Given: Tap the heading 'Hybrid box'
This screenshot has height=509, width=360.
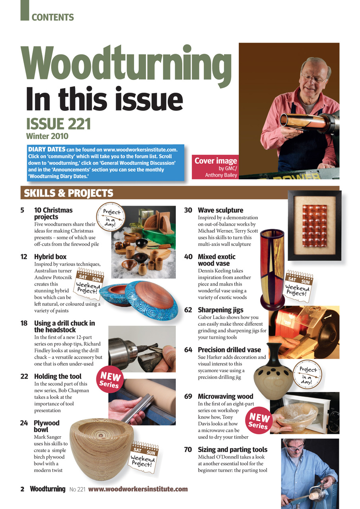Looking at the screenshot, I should [50, 257].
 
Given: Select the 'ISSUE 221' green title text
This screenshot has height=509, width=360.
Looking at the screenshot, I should [58, 124].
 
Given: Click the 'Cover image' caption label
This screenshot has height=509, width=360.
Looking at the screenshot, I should [216, 161].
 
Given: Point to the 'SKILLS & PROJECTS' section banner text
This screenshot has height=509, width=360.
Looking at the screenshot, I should [68, 193].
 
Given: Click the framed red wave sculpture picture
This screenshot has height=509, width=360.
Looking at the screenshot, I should [314, 225].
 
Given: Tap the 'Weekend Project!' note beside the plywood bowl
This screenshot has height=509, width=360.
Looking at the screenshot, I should [144, 457].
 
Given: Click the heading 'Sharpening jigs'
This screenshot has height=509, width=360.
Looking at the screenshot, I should [220, 310].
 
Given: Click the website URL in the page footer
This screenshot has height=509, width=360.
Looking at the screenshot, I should [138, 489].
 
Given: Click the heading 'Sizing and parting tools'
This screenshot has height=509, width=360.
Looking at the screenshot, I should [232, 450].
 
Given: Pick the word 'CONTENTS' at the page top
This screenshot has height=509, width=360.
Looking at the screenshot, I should [53, 17].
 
